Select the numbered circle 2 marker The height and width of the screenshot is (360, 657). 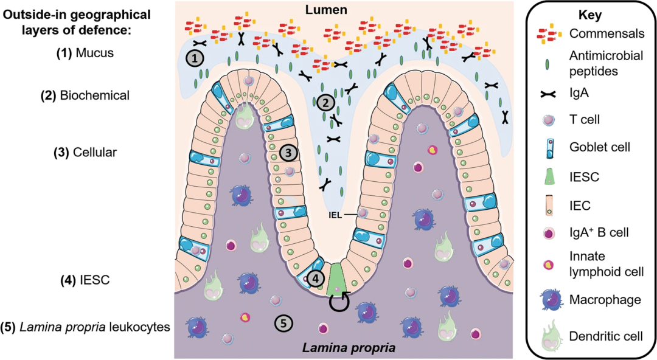click(326, 103)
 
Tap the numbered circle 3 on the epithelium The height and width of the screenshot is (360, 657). click(289, 151)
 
